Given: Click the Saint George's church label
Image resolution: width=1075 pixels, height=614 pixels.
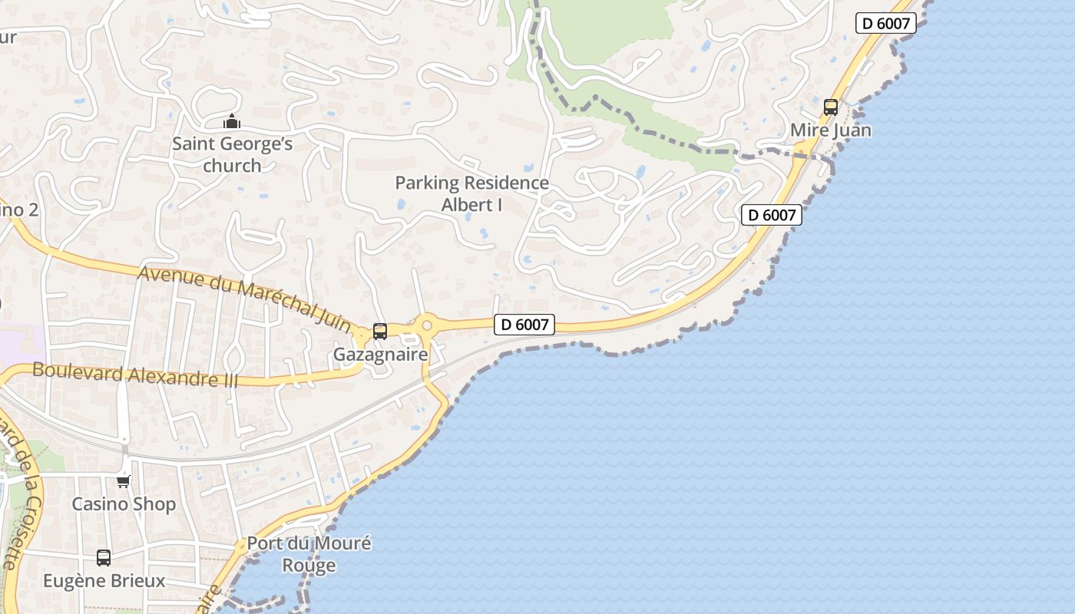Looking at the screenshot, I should [x=232, y=154].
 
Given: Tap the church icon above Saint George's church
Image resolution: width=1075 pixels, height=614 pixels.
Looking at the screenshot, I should [x=231, y=121].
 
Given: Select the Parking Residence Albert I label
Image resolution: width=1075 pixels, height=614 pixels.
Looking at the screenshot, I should [x=471, y=193].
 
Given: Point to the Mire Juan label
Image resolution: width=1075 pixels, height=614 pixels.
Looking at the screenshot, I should [x=831, y=130].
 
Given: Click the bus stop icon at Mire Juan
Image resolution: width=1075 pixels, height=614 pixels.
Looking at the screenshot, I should [x=831, y=107].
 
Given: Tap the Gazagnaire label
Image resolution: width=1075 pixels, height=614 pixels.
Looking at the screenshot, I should [x=380, y=355].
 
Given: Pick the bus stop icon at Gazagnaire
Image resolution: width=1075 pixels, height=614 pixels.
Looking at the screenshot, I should [x=380, y=332].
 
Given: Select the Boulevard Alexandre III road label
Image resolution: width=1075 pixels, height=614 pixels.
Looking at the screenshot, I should [x=135, y=375].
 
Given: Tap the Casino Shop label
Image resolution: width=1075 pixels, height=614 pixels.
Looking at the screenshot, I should [x=124, y=504].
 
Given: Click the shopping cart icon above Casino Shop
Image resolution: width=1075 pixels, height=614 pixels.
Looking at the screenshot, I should [x=124, y=481].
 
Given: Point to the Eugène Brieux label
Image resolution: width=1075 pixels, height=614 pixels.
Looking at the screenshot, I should [x=104, y=580].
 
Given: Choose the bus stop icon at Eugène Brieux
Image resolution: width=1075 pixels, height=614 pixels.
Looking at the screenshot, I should [x=104, y=558].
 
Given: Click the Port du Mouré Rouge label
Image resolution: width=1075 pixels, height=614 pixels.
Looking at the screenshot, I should [x=309, y=554].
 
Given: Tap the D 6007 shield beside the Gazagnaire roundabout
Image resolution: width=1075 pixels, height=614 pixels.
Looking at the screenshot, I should [x=524, y=325].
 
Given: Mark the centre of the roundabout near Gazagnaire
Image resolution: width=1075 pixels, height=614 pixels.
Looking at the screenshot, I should [x=427, y=326].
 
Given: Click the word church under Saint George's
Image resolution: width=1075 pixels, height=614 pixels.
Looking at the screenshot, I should [x=232, y=165].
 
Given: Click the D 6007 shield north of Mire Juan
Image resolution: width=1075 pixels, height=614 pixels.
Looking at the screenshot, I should [x=886, y=23].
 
